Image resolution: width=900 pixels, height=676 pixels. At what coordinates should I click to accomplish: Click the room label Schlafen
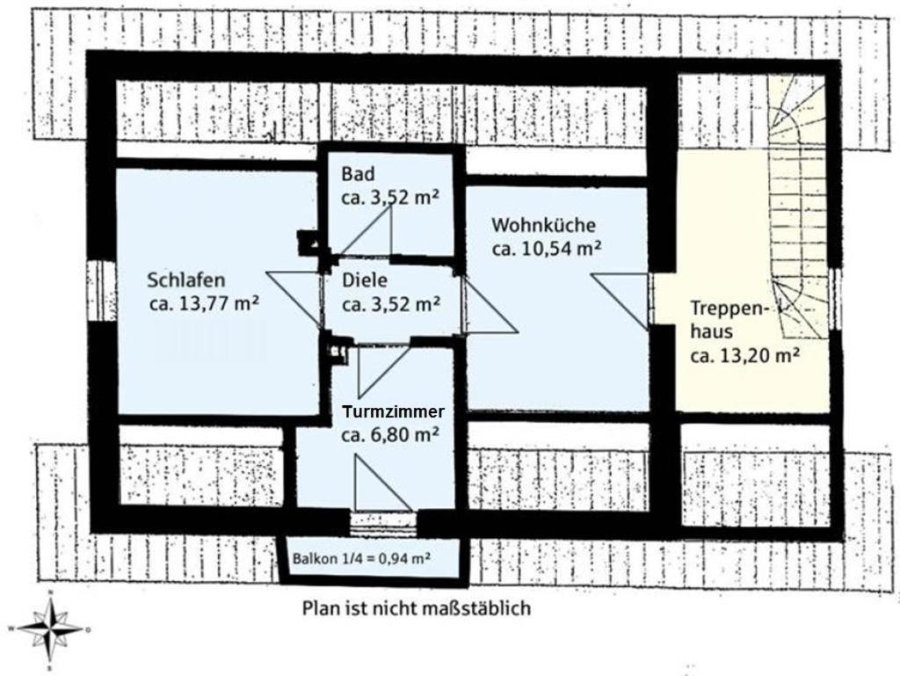click(186, 280)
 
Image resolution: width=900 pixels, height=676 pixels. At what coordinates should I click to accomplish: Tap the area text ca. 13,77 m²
click(204, 303)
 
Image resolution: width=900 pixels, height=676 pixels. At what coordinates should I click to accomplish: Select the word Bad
click(358, 173)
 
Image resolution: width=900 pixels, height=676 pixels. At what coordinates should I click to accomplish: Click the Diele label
click(365, 280)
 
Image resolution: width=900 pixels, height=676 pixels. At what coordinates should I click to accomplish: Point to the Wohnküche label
click(543, 225)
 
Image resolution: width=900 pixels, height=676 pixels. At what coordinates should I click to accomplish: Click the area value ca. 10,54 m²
click(547, 249)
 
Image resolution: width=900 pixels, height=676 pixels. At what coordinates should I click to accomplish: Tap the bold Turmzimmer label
click(393, 412)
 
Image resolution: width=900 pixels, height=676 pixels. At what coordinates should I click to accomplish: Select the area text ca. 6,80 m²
click(390, 435)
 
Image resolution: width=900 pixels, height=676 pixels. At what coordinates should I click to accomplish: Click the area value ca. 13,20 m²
click(745, 356)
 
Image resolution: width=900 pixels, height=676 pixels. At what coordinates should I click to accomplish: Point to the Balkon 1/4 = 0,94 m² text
click(361, 558)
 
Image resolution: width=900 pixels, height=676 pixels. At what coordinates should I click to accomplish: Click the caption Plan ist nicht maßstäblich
click(416, 607)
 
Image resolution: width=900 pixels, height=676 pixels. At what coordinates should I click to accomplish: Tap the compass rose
click(50, 629)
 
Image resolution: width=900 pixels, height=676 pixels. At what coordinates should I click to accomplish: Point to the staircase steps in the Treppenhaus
click(798, 207)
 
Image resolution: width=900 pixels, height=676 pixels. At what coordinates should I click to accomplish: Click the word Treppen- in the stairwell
click(729, 309)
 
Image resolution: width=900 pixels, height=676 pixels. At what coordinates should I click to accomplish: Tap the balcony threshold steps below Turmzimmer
click(383, 522)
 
